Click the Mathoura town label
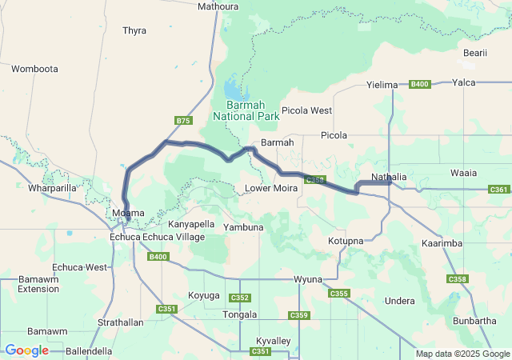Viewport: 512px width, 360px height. [x=218, y=6]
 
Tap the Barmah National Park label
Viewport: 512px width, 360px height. [x=246, y=110]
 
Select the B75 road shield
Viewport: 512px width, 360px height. [x=183, y=121]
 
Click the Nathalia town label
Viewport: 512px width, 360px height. [x=390, y=177]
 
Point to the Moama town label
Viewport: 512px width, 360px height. [x=128, y=214]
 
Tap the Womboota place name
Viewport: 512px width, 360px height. [x=34, y=69]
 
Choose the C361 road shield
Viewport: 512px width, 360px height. [x=498, y=190]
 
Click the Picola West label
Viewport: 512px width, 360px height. [x=306, y=110]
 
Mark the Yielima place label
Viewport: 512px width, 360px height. [x=382, y=85]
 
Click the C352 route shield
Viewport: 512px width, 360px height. [x=240, y=298]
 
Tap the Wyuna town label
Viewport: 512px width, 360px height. [x=307, y=279]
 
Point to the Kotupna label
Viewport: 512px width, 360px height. [x=346, y=241]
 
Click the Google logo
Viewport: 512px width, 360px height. [x=26, y=350]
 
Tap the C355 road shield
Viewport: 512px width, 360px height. [x=339, y=294]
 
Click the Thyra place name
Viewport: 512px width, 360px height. [x=134, y=30]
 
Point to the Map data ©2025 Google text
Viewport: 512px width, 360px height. [x=463, y=354]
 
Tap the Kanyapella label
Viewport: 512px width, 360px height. [x=191, y=224]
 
